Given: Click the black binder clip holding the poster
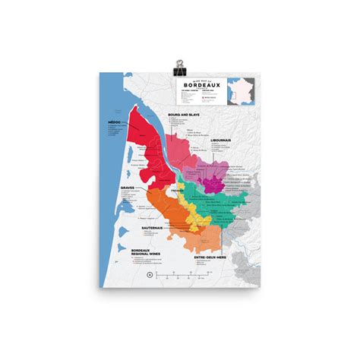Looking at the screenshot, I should coord(179,65).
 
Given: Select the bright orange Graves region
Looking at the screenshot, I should coord(163,209).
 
